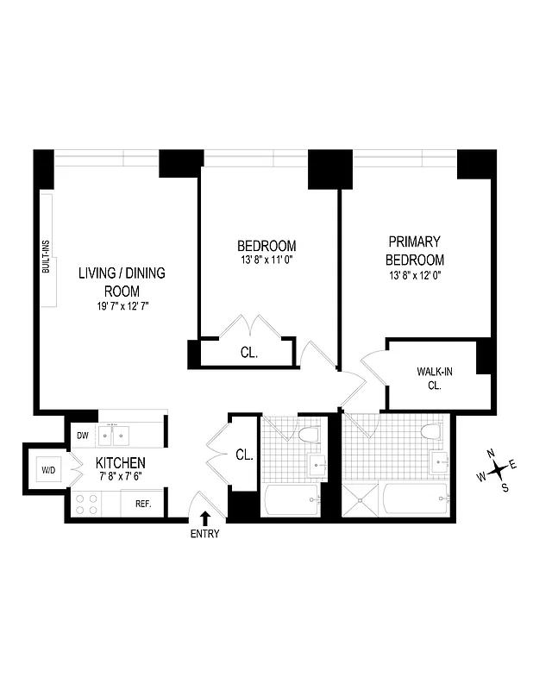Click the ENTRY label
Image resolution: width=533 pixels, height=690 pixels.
(205, 534)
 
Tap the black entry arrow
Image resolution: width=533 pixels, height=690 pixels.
(205, 517)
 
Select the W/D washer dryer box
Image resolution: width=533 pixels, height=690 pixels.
(47, 470)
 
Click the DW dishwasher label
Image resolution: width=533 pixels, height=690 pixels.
(84, 435)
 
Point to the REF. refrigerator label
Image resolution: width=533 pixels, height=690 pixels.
(142, 504)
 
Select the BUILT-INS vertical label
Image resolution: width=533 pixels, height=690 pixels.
(47, 257)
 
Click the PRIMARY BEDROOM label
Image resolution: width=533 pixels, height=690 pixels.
(414, 251)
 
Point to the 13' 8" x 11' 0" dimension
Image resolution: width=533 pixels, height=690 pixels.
(267, 260)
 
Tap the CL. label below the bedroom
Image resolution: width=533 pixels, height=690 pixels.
(248, 353)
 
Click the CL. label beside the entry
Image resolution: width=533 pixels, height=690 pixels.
(244, 455)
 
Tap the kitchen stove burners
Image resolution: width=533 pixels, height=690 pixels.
(86, 504)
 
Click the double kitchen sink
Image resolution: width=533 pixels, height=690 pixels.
(117, 432)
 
